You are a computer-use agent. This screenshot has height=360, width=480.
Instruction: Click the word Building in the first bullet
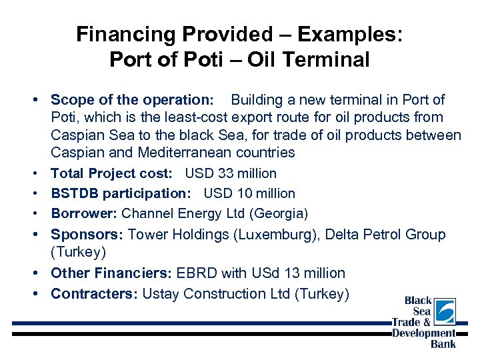click(257, 100)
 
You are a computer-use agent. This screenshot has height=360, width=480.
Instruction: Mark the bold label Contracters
click(94, 294)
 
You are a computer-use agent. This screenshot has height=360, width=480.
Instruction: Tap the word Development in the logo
click(424, 333)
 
